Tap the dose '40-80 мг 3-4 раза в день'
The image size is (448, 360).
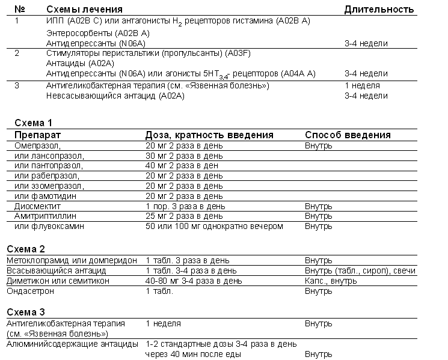coord(194,281)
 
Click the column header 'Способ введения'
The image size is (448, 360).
coord(348,135)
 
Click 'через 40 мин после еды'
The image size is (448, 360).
coord(193,354)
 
